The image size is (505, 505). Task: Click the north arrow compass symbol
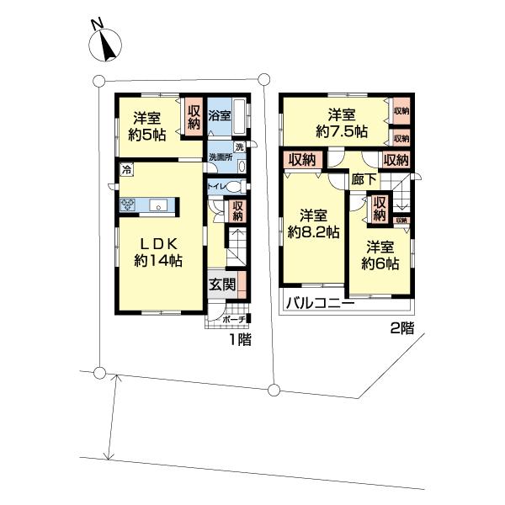coord(105,43)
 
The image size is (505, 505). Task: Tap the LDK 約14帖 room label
coord(158,250)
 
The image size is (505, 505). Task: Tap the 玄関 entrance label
coord(221,285)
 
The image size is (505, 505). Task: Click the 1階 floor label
coord(241,340)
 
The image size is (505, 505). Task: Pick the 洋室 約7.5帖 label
coord(341,123)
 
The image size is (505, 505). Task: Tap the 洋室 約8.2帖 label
coord(313,222)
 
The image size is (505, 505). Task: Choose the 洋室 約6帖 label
coord(381,255)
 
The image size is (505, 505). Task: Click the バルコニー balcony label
coord(318,303)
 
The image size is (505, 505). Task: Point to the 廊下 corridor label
coord(364,179)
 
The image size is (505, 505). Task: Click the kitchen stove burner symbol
coord(129,204)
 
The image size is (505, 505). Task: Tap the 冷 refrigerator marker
coord(126,171)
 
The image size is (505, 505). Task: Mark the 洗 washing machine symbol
coord(239,148)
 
